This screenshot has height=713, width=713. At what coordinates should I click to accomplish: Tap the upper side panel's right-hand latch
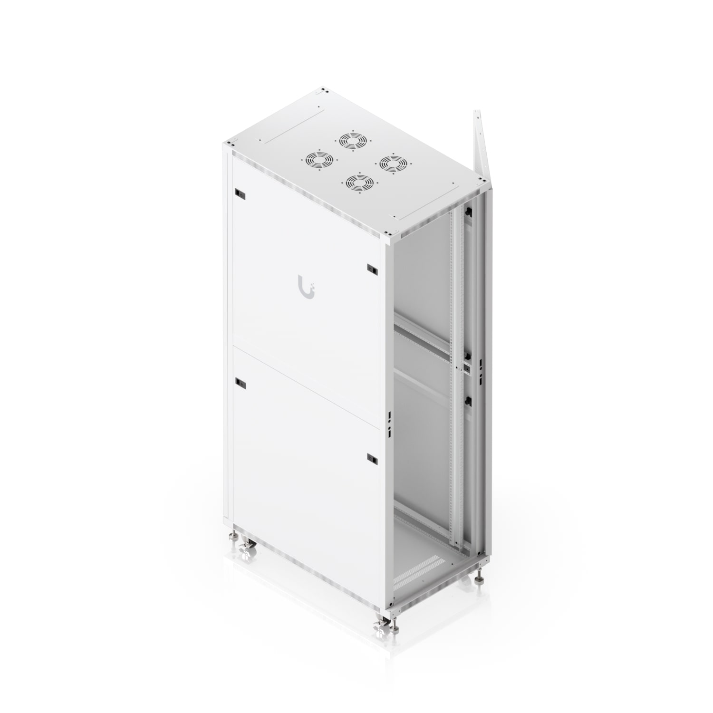click(372, 269)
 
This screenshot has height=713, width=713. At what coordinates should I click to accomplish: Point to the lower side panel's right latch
click(372, 459)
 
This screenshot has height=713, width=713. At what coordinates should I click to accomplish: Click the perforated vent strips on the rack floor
click(418, 573)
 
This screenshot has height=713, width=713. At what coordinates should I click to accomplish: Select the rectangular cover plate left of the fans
click(291, 126)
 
